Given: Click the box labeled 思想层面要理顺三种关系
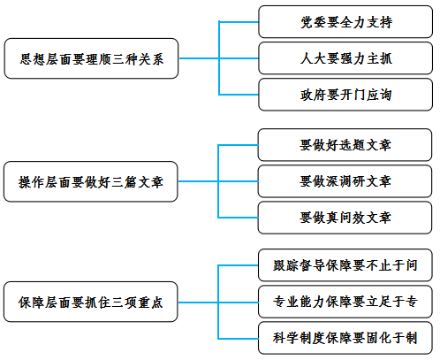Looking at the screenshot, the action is (91, 58).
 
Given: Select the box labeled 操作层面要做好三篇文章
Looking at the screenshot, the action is (91, 181).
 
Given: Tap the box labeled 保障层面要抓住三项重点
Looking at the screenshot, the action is (91, 302).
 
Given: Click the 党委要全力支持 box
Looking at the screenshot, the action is (345, 22).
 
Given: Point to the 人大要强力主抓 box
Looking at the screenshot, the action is (345, 58).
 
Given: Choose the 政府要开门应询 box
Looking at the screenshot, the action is (345, 95).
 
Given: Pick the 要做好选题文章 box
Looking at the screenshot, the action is (345, 145).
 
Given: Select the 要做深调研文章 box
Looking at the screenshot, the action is (345, 181).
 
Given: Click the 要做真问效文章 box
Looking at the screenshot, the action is (345, 218).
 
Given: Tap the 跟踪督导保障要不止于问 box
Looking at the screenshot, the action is (345, 265).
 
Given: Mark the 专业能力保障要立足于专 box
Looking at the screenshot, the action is (345, 302).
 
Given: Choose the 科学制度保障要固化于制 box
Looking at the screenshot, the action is (345, 338).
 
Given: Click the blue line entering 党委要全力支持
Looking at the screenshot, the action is (239, 22).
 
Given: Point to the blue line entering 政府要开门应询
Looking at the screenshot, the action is (239, 95).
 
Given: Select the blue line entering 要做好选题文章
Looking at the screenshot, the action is (238, 145).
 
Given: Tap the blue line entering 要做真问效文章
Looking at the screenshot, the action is (238, 218).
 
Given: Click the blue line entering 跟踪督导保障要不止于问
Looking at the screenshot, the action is (238, 265).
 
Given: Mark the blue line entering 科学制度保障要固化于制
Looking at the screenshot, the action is (238, 339).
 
